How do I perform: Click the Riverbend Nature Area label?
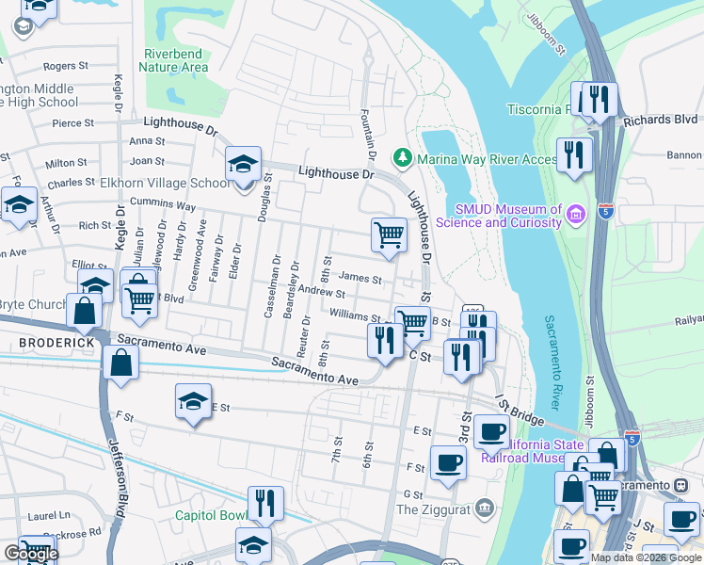(x=173, y=60)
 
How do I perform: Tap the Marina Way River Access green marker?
(x=404, y=156)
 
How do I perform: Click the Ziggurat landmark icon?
(x=484, y=508)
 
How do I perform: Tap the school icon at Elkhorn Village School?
(x=242, y=166)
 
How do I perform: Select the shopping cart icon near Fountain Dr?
(x=389, y=235)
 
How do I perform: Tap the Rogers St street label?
(x=65, y=66)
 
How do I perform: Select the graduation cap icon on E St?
(x=193, y=402)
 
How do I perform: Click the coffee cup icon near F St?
(x=448, y=461)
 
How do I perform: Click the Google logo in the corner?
(x=30, y=554)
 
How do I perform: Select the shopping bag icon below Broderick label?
(x=121, y=363)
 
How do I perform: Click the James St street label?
(x=360, y=278)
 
